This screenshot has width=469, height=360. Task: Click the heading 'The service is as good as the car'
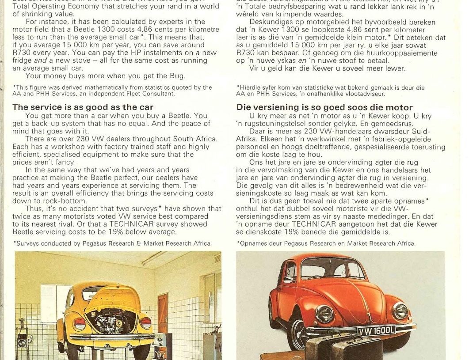click(83, 107)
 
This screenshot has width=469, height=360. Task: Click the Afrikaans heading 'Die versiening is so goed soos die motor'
click(324, 107)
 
